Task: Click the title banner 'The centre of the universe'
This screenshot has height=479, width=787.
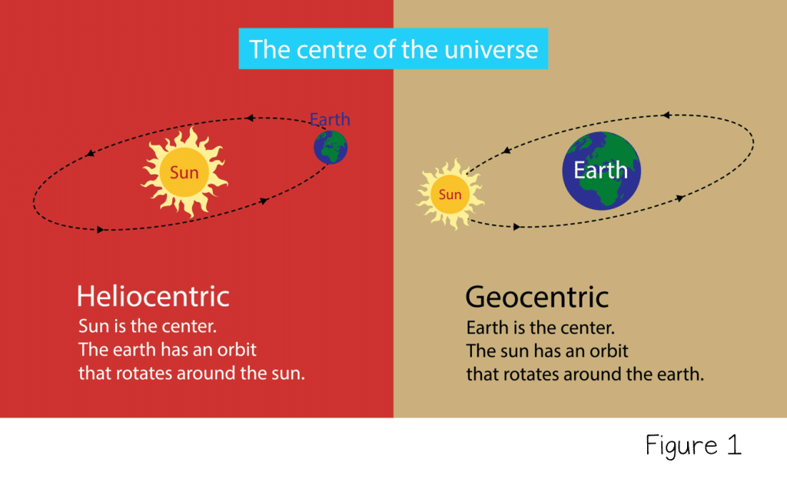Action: tap(393, 48)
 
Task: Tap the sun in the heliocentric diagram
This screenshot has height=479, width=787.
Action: tap(184, 172)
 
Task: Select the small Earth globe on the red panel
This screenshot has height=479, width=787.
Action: tap(330, 147)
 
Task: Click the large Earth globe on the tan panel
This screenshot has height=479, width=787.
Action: tap(601, 171)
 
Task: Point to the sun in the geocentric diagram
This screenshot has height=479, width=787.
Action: tap(450, 195)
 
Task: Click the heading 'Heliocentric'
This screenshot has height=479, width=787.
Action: tap(153, 296)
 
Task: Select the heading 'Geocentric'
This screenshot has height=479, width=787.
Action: tap(537, 297)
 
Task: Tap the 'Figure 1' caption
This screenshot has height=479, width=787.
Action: tap(694, 445)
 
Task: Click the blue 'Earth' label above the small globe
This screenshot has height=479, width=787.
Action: tap(330, 119)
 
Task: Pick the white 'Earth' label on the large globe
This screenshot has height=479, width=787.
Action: tap(601, 170)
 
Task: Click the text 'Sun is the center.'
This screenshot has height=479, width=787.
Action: tap(148, 326)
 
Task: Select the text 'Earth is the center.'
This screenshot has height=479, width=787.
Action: tap(540, 328)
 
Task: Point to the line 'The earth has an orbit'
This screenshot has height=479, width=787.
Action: tap(168, 350)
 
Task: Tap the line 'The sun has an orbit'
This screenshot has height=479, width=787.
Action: tap(547, 351)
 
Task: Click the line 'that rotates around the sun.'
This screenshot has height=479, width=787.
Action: tap(191, 373)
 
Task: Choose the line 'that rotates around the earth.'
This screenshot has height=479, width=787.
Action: tap(585, 374)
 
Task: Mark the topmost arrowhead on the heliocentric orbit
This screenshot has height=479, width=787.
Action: tap(250, 118)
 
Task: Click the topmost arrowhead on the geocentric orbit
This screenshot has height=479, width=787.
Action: tap(666, 115)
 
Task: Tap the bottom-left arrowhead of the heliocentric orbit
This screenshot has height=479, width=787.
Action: tap(101, 229)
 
